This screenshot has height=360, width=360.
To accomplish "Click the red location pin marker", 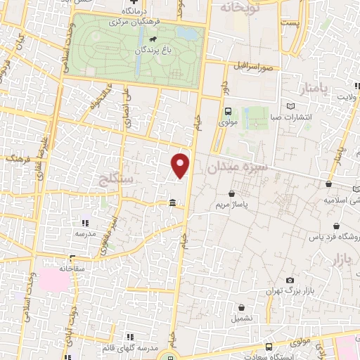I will click(x=181, y=165).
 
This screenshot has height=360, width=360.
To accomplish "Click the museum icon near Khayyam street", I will click(x=172, y=204).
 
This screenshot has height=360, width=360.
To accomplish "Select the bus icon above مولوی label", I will click(x=228, y=110).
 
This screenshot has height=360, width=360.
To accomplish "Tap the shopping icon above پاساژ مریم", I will click(x=232, y=193).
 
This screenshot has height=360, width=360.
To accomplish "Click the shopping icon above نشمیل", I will click(x=241, y=307).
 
